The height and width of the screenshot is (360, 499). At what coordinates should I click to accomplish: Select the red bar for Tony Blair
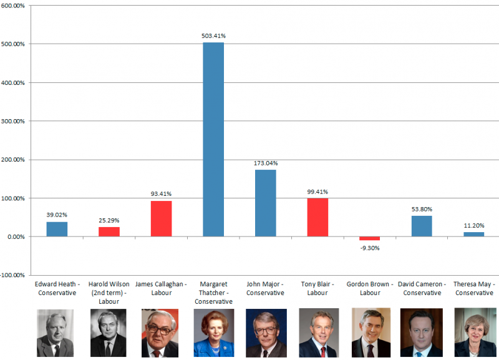coord(317,217)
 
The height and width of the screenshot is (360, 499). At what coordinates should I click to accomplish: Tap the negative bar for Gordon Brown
coord(369,238)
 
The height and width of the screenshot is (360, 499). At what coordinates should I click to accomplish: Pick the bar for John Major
coord(266,203)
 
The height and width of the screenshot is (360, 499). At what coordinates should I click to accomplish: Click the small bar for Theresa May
coord(473,234)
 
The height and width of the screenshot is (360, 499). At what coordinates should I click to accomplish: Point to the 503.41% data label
coord(213,36)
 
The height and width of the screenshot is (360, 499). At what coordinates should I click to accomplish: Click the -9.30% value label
coord(369,248)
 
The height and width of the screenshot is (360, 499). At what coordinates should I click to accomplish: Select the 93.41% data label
coord(161,193)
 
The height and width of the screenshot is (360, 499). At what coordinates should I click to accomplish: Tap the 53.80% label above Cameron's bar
coord(422,209)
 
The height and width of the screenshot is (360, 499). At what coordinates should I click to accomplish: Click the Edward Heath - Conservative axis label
coord(57,288)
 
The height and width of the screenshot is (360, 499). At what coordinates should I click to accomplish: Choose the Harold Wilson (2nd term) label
coord(109,293)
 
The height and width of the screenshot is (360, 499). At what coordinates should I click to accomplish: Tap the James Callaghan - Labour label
coord(161,288)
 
